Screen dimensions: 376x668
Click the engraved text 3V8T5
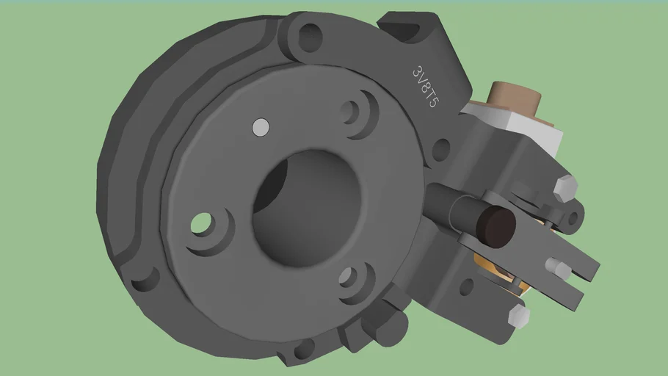(x=425, y=87)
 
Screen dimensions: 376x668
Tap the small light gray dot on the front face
(x=260, y=127)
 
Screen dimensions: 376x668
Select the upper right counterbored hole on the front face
(x=351, y=112)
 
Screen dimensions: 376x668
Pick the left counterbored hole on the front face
(x=201, y=223)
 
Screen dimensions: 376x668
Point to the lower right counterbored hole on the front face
(x=348, y=278)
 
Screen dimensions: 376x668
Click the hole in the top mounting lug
(x=309, y=35)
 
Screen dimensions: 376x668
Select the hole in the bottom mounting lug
(x=302, y=348)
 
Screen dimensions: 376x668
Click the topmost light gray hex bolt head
(x=565, y=187)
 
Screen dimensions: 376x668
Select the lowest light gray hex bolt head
(x=518, y=316)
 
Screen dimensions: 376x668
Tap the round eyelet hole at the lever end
(x=573, y=217)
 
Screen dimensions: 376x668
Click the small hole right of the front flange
(x=440, y=150)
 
